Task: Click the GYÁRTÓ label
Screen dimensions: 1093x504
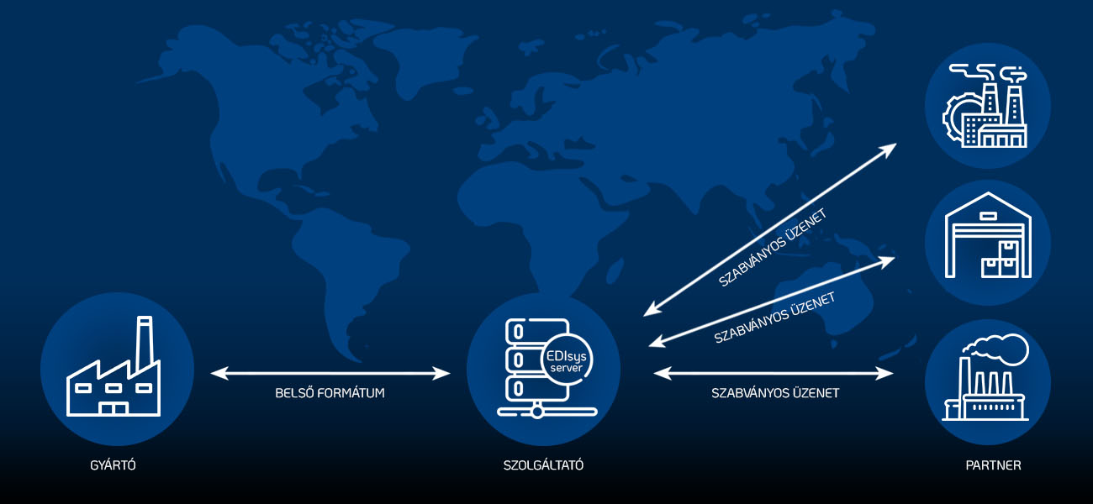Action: coord(113,465)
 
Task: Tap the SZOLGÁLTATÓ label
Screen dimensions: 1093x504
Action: coord(543,465)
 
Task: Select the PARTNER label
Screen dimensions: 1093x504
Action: coord(993,465)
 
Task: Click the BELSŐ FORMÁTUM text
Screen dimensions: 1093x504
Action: coord(330,393)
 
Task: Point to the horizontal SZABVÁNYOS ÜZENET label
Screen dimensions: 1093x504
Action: coord(775,393)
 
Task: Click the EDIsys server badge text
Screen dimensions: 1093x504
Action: coord(567,360)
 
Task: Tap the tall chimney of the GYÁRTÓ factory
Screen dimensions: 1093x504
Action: coord(145,343)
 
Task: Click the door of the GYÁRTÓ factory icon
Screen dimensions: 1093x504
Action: coord(113,408)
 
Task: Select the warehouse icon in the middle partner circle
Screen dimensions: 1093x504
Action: coord(988,235)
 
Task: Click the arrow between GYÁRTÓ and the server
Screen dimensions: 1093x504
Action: coord(330,373)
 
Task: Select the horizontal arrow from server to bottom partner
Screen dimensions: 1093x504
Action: coord(774,373)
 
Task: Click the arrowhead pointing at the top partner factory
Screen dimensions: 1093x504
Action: coord(887,150)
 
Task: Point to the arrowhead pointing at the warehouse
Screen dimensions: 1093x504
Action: coord(884,261)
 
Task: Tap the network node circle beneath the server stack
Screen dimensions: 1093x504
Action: coord(536,412)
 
